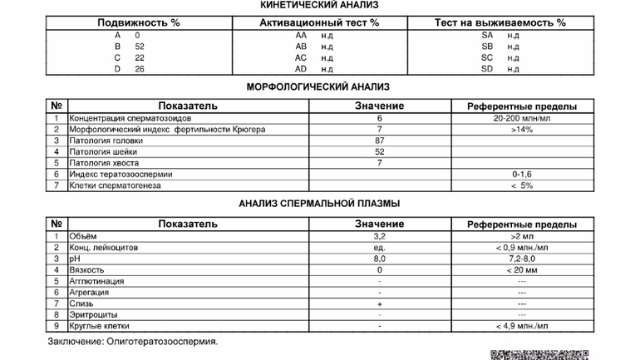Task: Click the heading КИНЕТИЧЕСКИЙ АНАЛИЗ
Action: (x=318, y=5)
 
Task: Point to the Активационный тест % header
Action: (x=318, y=22)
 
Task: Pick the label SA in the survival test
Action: (x=487, y=36)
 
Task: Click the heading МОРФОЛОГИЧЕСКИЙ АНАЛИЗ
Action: (x=318, y=86)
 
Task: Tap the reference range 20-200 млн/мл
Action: (x=521, y=118)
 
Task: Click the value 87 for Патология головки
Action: (x=378, y=141)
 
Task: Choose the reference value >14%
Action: (x=521, y=130)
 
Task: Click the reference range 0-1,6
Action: (x=521, y=175)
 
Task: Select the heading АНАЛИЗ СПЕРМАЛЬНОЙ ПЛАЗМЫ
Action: (x=318, y=203)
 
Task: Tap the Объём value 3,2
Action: (x=378, y=237)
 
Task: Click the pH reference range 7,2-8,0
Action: (x=521, y=259)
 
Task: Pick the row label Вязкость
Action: (x=87, y=270)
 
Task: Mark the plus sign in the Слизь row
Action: (x=378, y=304)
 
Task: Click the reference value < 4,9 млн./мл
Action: (x=521, y=327)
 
